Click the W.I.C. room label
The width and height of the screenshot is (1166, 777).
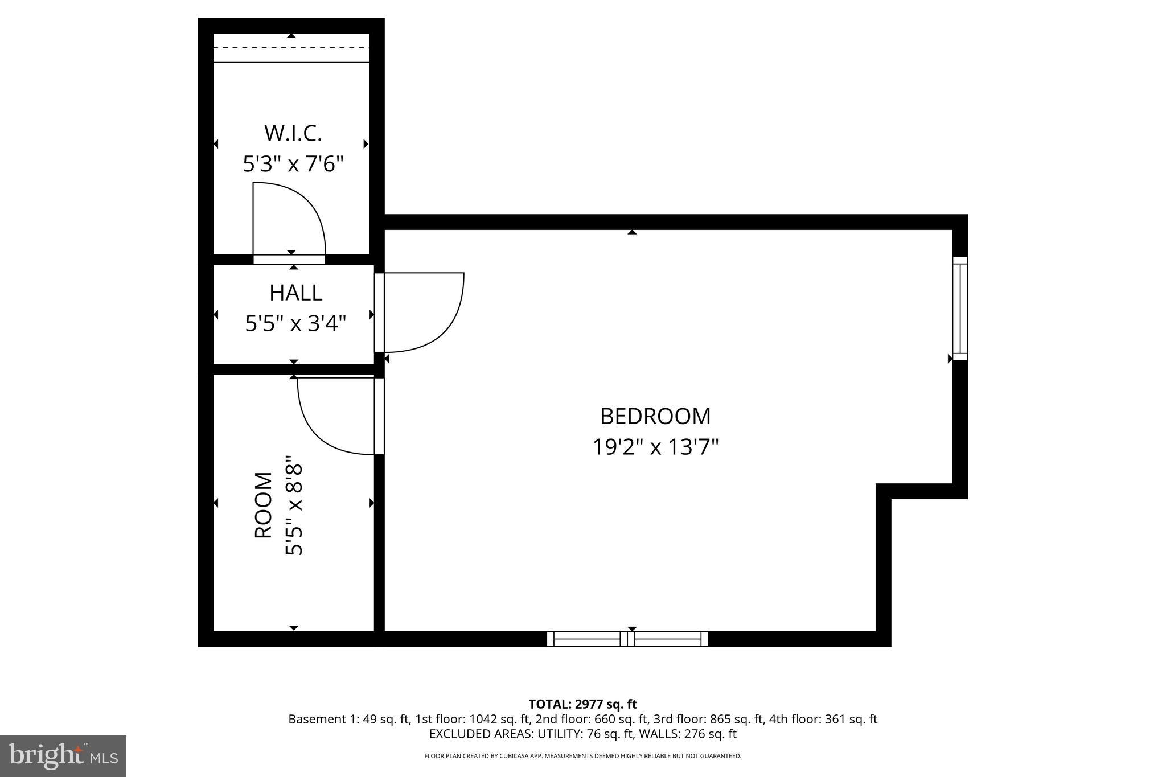[293, 133]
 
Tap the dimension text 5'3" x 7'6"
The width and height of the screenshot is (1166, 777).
[293, 165]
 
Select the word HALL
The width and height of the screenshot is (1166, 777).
[295, 293]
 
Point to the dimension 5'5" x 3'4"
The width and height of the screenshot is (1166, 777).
[295, 324]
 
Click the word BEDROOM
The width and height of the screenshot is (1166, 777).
[655, 416]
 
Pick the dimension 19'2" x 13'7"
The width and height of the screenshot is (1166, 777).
[655, 447]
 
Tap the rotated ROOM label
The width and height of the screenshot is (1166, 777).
[264, 504]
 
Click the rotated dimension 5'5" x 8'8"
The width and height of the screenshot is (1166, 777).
[294, 504]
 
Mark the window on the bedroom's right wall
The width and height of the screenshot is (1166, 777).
[960, 309]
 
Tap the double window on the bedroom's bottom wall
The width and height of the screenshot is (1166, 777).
[627, 639]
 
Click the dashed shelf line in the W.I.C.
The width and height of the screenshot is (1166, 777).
[291, 48]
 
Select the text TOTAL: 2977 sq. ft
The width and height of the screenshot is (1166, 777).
[582, 704]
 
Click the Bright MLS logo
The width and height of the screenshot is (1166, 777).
[63, 756]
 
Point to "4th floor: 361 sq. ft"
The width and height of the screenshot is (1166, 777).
[823, 719]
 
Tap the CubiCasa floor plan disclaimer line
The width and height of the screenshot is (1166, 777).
[582, 756]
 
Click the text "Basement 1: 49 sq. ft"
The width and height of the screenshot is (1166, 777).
[348, 719]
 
